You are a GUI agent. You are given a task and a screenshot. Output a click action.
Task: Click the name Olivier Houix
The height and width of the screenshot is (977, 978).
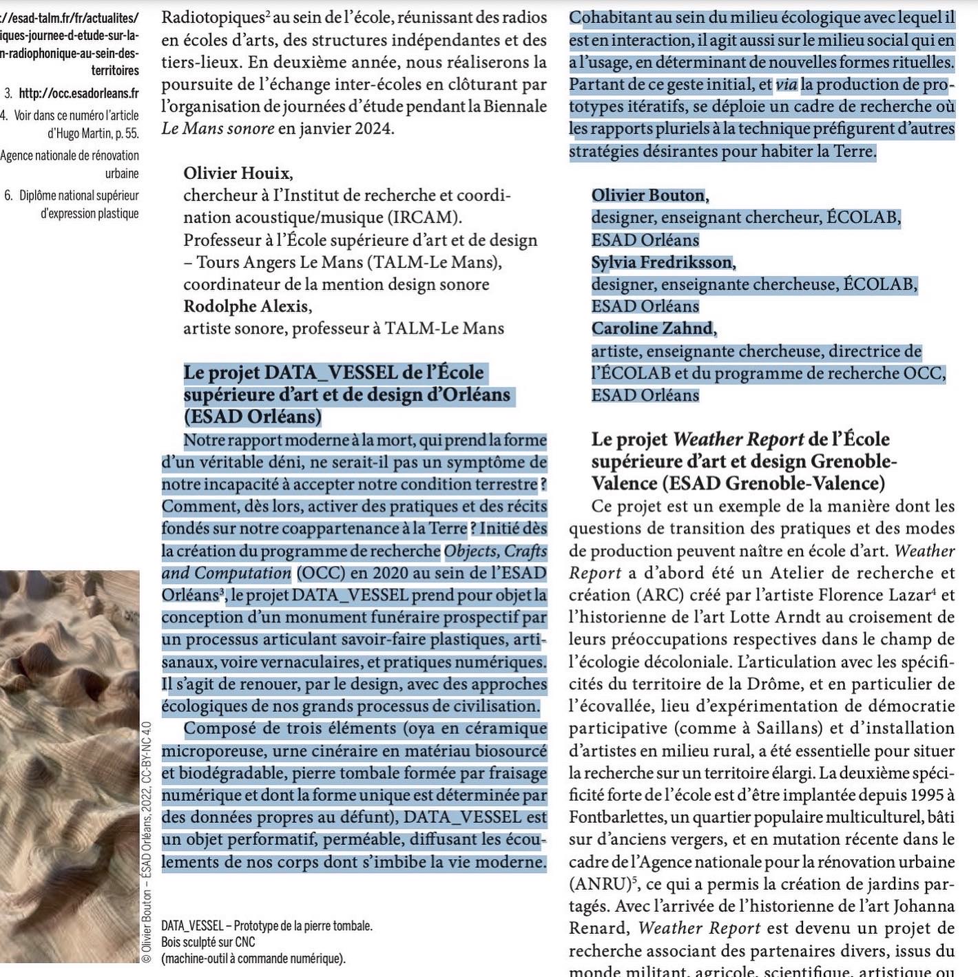pyautogui.click(x=237, y=174)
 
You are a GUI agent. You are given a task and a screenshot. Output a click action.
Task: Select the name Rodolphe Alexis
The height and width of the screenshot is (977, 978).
pyautogui.click(x=247, y=306)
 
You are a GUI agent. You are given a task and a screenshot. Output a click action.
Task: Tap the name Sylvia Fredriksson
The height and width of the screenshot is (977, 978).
pyautogui.click(x=663, y=262)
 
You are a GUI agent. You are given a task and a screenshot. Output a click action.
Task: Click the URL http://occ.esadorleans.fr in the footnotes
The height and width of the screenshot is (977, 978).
pyautogui.click(x=79, y=93)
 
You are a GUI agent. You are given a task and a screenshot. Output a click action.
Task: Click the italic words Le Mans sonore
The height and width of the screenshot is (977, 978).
pyautogui.click(x=218, y=129)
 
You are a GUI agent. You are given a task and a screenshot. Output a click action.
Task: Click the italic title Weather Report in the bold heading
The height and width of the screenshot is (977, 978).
pyautogui.click(x=738, y=439)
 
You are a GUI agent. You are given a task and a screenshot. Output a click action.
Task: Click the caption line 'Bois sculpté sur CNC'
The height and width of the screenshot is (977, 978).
pyautogui.click(x=208, y=942)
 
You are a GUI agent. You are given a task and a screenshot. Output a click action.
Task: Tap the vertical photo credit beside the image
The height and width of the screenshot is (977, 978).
pyautogui.click(x=146, y=840)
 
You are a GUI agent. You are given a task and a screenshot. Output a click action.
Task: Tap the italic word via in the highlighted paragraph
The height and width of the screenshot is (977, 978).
pyautogui.click(x=786, y=85)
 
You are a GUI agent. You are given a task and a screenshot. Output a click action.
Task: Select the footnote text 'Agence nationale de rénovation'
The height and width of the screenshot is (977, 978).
pyautogui.click(x=70, y=156)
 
